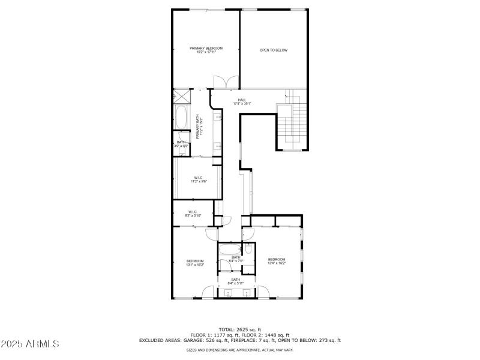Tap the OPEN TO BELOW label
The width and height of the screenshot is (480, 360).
click(273, 50)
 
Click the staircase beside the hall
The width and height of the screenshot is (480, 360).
click(291, 123)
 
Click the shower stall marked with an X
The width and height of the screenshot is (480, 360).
click(181, 97)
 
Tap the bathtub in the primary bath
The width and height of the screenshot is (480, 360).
click(181, 117)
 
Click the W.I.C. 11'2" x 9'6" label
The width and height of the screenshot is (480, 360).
click(199, 179)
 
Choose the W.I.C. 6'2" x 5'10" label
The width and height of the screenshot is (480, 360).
click(193, 213)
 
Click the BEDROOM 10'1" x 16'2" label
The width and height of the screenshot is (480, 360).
click(195, 262)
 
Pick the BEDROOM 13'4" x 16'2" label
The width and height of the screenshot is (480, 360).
click(276, 261)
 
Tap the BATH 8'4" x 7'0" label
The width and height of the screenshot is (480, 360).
click(236, 259)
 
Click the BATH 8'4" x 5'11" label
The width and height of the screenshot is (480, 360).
click(236, 281)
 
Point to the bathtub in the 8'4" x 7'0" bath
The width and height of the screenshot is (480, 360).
click(230, 250)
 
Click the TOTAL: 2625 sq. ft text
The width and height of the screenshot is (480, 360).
click(239, 329)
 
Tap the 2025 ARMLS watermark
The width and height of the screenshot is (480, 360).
click(30, 344)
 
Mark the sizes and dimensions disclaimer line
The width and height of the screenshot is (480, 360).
click(239, 350)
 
